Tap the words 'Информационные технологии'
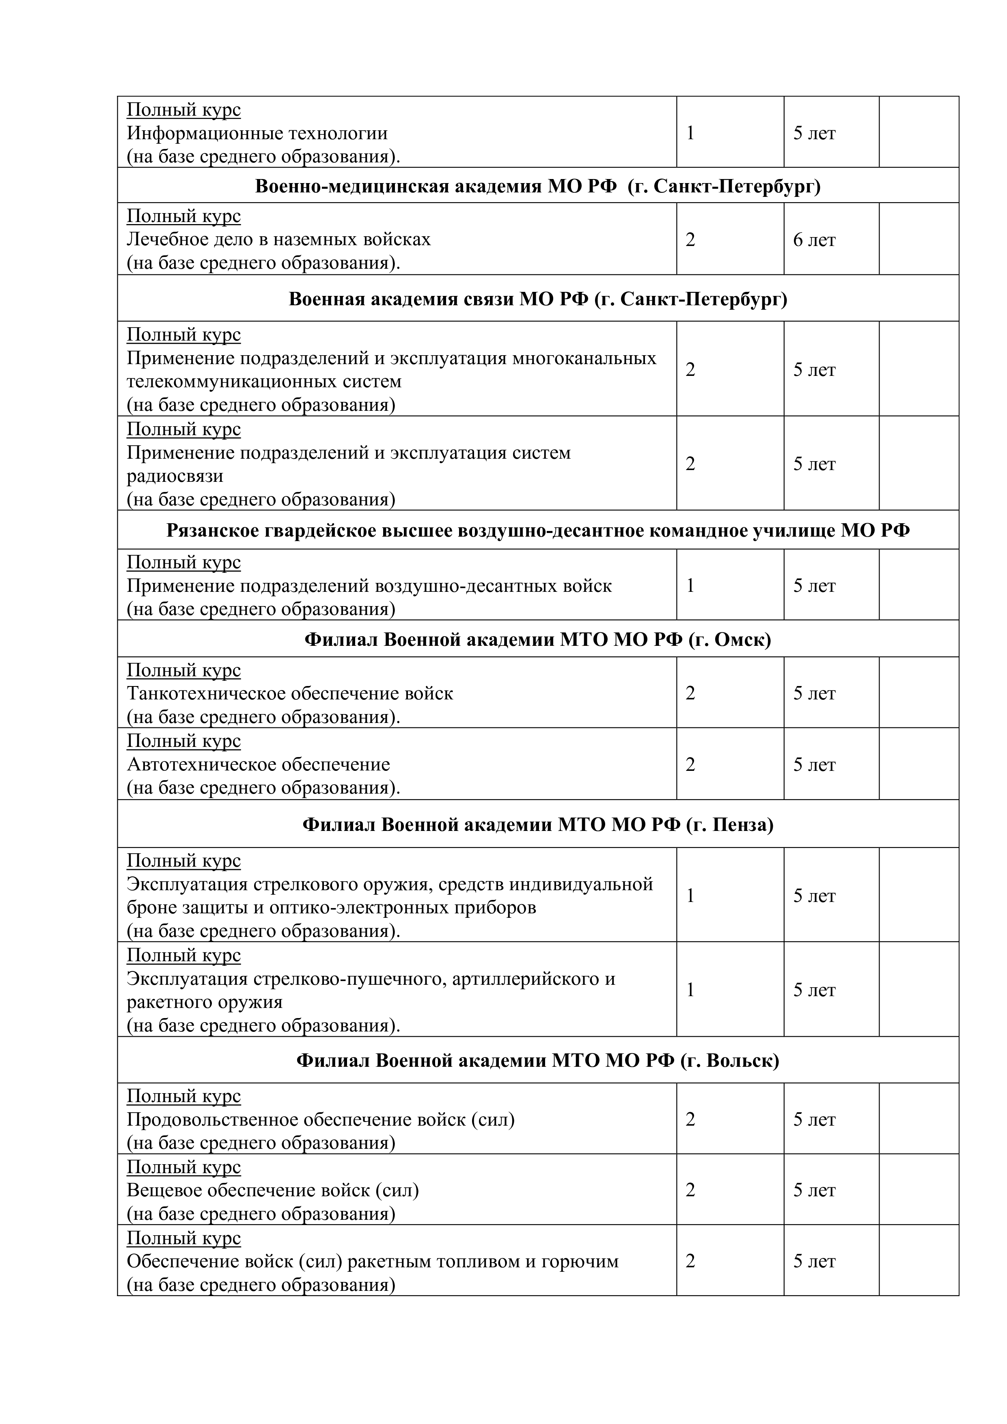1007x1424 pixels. pyautogui.click(x=257, y=133)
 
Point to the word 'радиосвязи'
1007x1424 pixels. pyautogui.click(x=175, y=476)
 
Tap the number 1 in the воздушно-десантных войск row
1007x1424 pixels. pyautogui.click(x=690, y=585)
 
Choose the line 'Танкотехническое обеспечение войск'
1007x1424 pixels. pyautogui.click(x=289, y=693)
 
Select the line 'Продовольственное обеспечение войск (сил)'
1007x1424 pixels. pyautogui.click(x=321, y=1120)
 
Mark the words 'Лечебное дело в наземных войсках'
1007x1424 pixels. pyautogui.click(x=278, y=239)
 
